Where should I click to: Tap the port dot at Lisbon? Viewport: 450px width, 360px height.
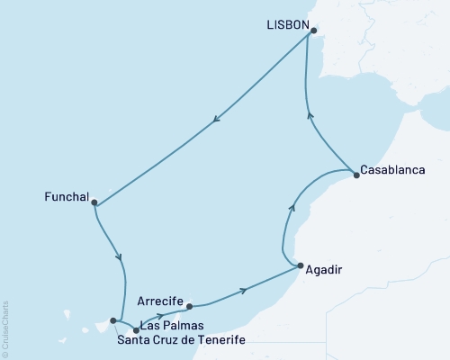coord(314,31)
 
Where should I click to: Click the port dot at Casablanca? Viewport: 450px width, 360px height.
coord(355,175)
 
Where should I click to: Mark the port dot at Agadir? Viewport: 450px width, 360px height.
coord(300,265)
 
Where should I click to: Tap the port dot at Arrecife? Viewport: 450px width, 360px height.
coord(189,307)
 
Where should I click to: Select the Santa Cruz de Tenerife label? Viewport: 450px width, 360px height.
coord(181,339)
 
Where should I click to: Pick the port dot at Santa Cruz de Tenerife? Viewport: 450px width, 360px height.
coord(112,319)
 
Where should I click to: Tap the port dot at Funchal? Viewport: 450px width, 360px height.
coord(94,202)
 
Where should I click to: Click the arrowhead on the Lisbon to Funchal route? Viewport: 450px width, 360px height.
coord(217,122)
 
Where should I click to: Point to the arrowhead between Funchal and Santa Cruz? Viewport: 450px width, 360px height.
coord(120,257)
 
